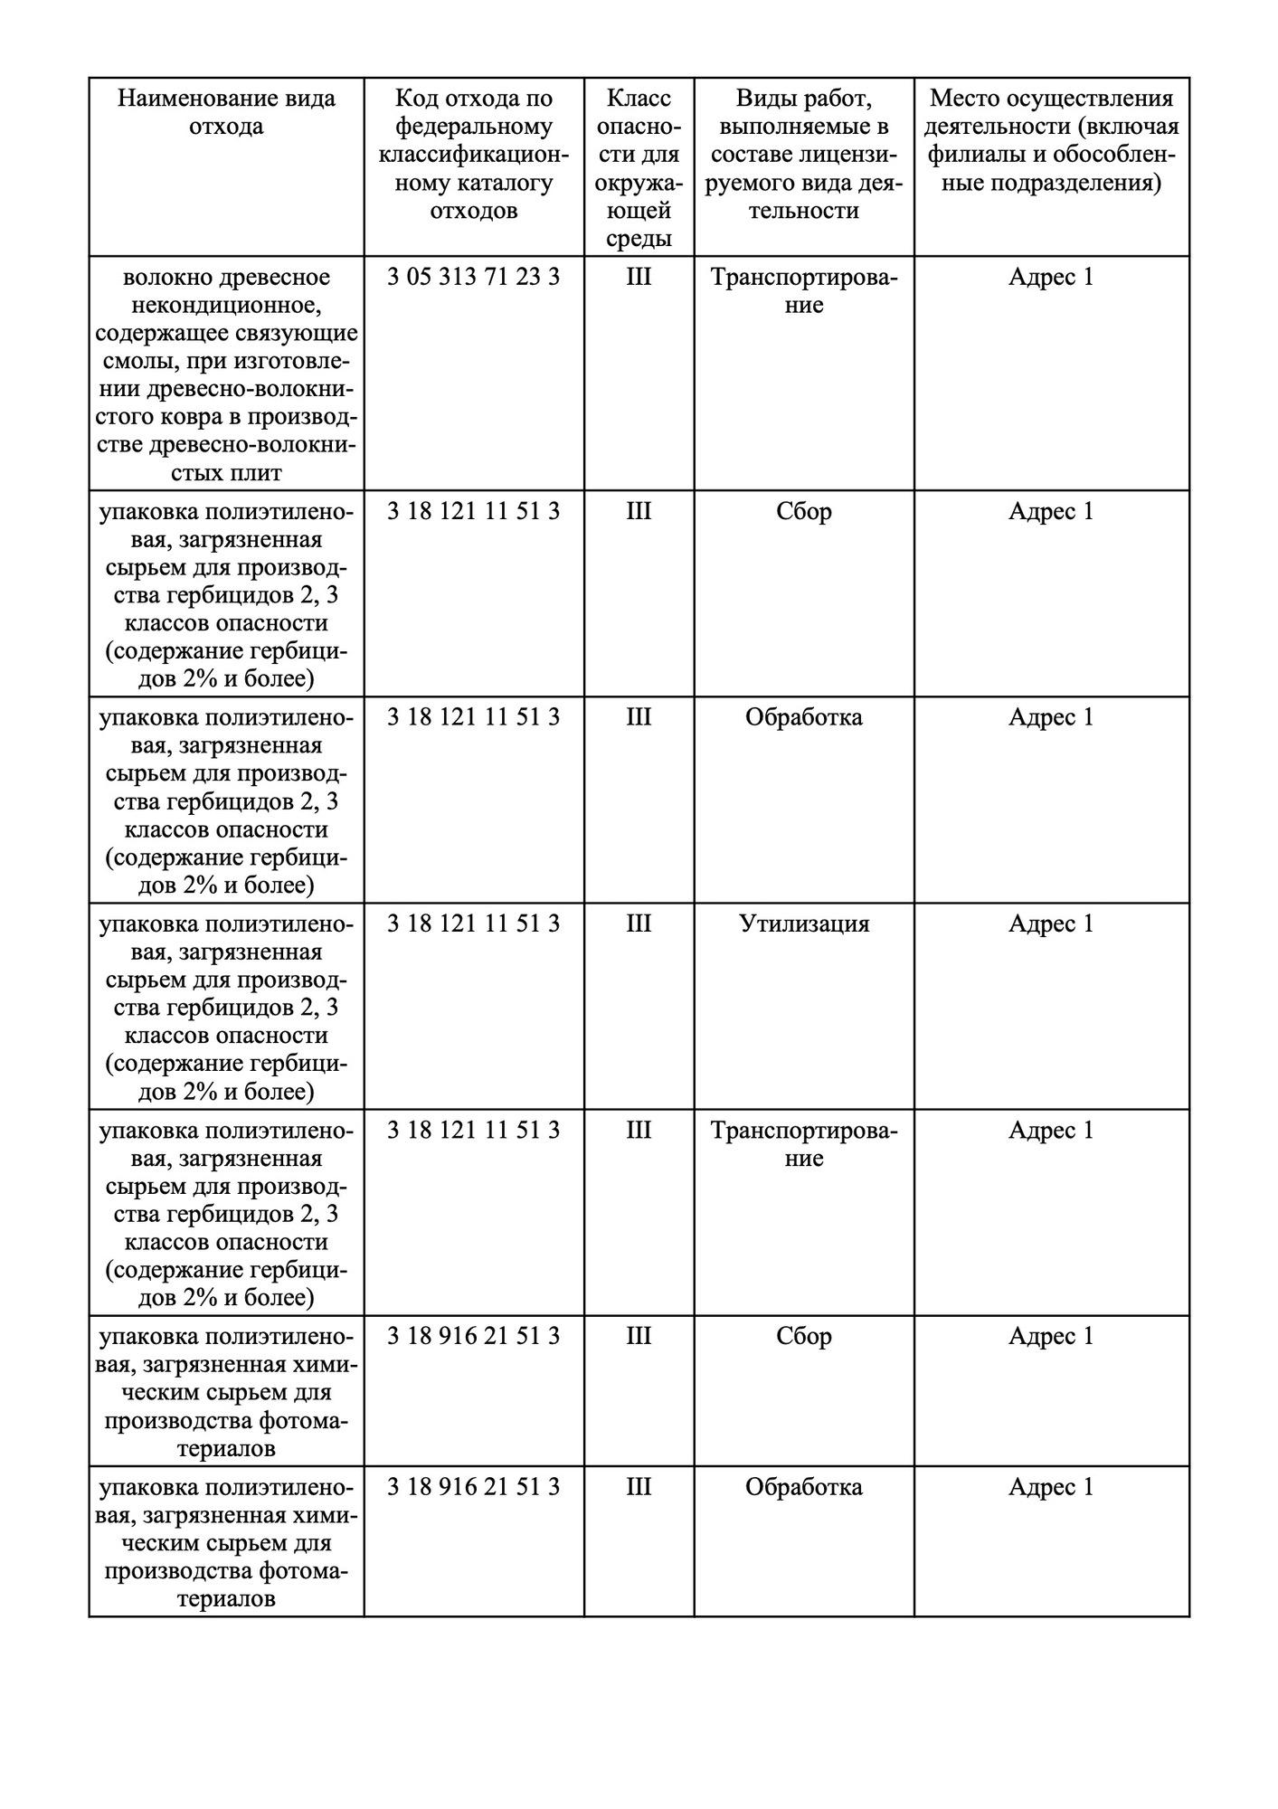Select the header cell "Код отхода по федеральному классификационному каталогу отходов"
tap(474, 154)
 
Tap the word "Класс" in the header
tap(639, 98)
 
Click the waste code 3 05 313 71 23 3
tap(474, 277)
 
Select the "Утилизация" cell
tap(804, 923)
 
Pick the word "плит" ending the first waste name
tap(262, 473)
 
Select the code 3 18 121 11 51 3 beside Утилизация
tap(474, 923)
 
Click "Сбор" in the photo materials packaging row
tap(804, 1336)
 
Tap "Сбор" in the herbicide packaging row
tap(804, 512)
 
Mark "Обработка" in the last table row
tap(804, 1487)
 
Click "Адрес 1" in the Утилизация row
tap(1051, 923)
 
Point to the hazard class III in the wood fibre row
tap(639, 277)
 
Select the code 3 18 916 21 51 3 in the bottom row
tap(474, 1487)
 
